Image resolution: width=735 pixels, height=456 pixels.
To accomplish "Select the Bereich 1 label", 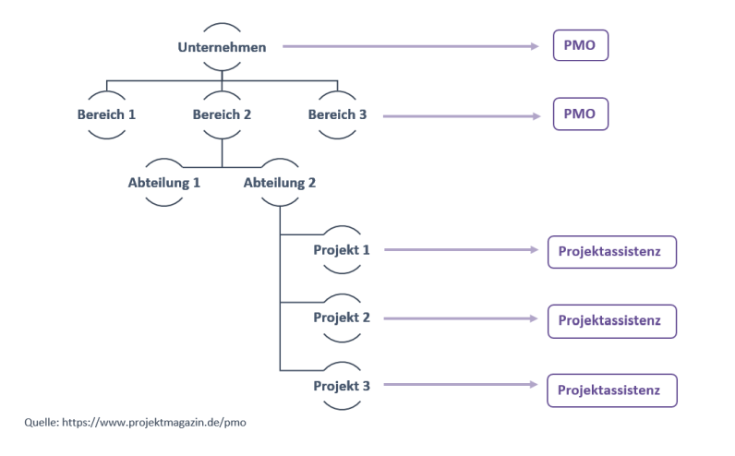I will tap(106, 114).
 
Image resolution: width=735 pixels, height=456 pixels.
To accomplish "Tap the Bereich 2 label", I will tap(222, 114).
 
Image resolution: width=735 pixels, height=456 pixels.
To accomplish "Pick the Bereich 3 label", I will tap(338, 114).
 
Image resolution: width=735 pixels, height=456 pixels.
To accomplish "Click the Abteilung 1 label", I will tap(164, 182).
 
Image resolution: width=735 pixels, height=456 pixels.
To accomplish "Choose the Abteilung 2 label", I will tap(280, 182).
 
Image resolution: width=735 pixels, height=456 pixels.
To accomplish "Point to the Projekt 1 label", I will tap(342, 249).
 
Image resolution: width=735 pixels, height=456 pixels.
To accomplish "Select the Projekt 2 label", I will tap(342, 317).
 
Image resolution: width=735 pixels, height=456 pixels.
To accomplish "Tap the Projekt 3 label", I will tap(342, 384).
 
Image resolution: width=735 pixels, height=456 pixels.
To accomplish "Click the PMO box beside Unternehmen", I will tap(581, 45).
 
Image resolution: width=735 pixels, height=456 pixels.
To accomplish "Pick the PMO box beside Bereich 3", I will tap(581, 115).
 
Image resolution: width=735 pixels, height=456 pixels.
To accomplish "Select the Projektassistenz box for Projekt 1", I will tap(612, 252).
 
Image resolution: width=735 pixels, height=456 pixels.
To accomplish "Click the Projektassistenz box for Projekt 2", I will tap(612, 319).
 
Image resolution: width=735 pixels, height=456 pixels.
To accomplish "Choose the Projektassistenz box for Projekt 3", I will tap(612, 390).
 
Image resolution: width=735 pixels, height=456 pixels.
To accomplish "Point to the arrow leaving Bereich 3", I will tap(462, 116).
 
